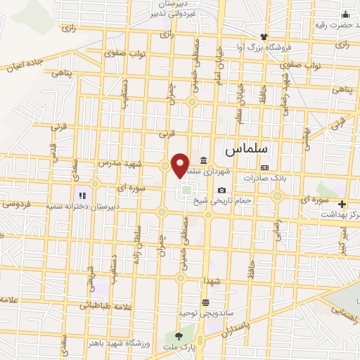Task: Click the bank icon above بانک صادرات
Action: coord(264,168)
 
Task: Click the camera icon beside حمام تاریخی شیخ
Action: coord(222,190)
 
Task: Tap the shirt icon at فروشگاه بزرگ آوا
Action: coord(264,37)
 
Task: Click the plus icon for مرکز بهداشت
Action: coord(342,205)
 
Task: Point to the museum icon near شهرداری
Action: coord(203,159)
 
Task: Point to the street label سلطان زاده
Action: coord(139,239)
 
